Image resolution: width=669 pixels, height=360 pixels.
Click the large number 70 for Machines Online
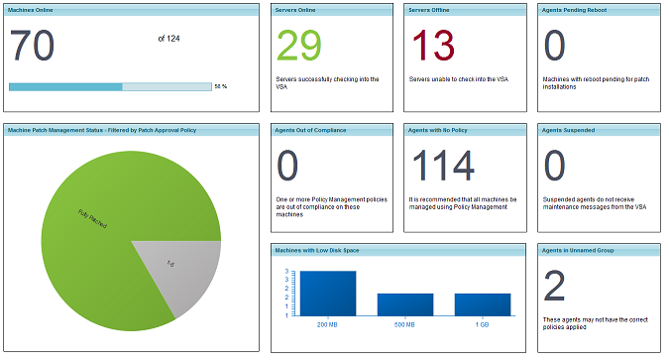[33, 46]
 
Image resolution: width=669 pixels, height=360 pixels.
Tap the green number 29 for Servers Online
[299, 46]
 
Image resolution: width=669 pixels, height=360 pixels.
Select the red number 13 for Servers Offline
[432, 46]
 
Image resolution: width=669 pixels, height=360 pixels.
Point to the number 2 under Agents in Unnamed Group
[555, 287]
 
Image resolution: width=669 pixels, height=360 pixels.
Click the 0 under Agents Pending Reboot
[555, 46]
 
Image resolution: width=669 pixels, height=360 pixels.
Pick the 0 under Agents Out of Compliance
[288, 166]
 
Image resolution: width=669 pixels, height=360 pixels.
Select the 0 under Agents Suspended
[555, 166]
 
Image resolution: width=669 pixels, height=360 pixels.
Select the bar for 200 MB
[327, 294]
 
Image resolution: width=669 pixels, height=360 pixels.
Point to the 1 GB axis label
[482, 325]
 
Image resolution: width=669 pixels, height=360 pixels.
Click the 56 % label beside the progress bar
[221, 86]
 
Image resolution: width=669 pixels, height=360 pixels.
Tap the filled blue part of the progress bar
[65, 86]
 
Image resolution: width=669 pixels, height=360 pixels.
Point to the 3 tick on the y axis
[286, 271]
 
